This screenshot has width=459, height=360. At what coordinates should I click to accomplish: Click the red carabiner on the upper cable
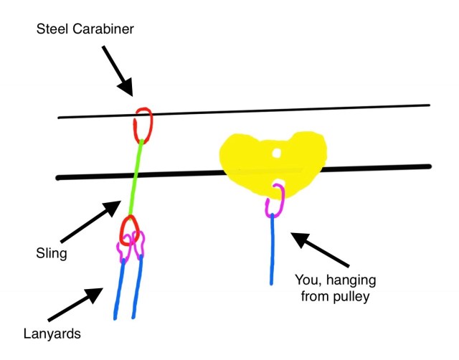pos(141,125)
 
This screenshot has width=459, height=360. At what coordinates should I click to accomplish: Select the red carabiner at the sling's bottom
pos(129,230)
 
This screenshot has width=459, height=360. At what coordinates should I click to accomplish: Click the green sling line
pos(135,179)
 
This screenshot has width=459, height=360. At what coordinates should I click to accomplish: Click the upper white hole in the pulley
pos(276,152)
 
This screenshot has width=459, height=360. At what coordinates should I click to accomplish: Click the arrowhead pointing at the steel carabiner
pos(125,88)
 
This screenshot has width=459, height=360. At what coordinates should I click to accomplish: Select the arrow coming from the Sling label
pos(89,223)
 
